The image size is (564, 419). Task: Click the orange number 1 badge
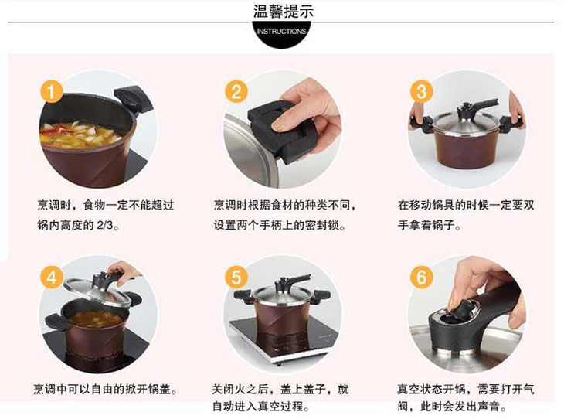coord(52,91)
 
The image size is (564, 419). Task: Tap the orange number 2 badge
coord(236,91)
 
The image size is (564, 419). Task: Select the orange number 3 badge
coord(422,91)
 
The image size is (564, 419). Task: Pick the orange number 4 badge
coord(52,278)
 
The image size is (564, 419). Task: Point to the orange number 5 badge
coord(236,278)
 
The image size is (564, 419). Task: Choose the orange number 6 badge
coord(422,278)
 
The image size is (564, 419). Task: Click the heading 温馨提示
coord(283,11)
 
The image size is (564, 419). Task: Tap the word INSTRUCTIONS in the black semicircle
coord(282,32)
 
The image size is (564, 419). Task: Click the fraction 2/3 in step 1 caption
coord(104,225)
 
